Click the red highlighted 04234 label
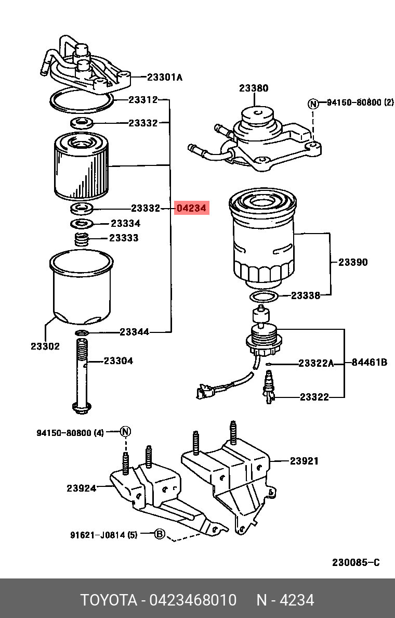click(x=192, y=209)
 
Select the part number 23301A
click(x=165, y=78)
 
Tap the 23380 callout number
click(x=254, y=88)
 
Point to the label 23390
click(x=353, y=262)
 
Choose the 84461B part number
click(x=369, y=363)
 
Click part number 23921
click(x=304, y=461)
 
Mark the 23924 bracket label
click(x=81, y=488)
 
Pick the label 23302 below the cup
click(x=45, y=346)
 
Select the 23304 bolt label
click(x=118, y=360)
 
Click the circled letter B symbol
click(x=160, y=534)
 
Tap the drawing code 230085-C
click(x=356, y=563)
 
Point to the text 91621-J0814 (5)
click(x=104, y=534)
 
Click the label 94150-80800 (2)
click(x=360, y=103)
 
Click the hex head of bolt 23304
click(x=80, y=408)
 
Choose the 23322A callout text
click(x=315, y=363)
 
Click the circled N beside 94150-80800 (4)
click(x=126, y=431)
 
